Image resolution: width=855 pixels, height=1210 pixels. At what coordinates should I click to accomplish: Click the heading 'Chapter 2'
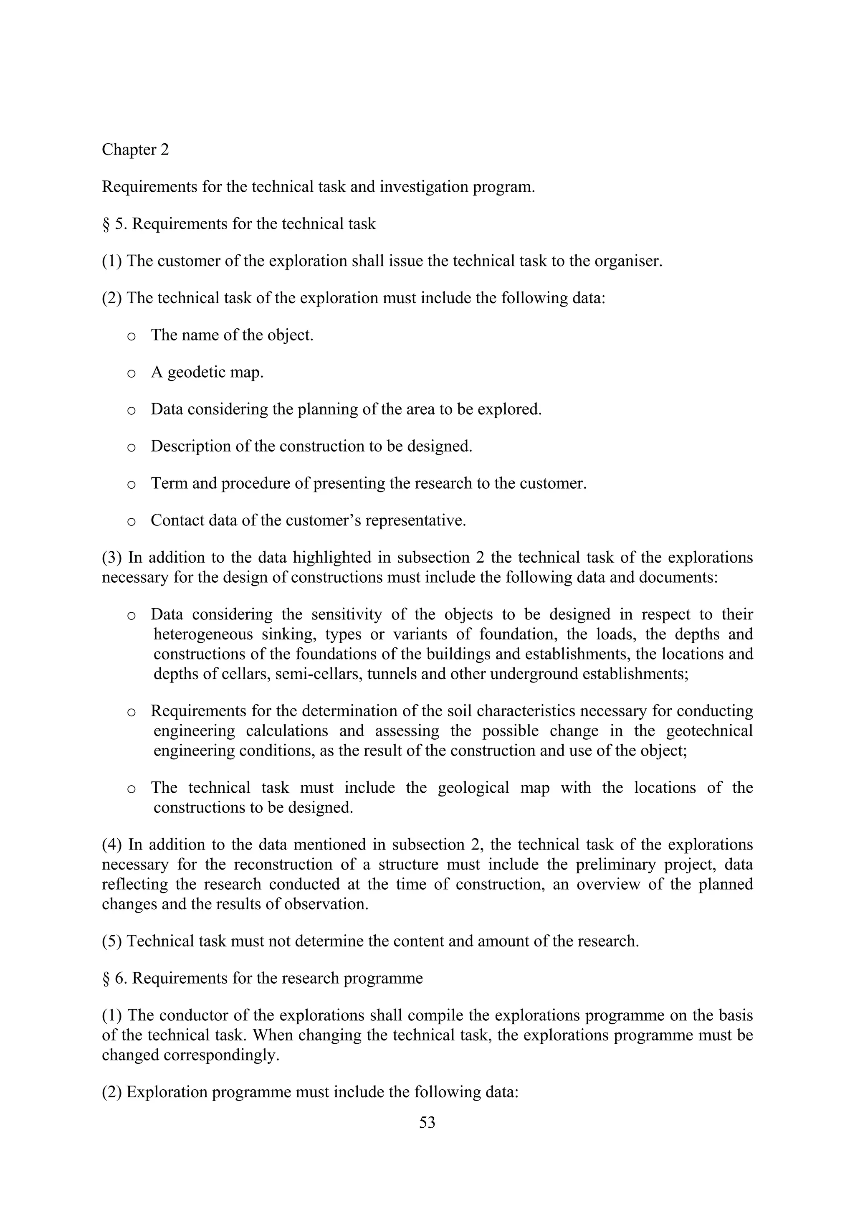point(135,150)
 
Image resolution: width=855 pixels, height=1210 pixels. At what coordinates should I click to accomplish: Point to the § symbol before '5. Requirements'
point(106,224)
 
